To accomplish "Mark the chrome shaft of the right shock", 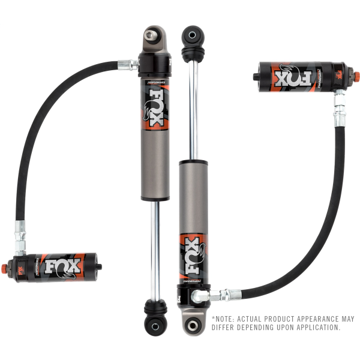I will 193,108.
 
